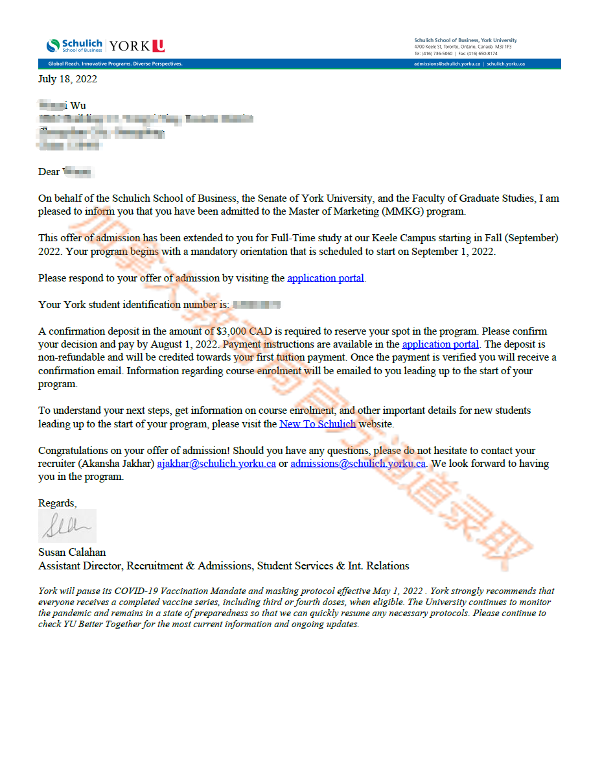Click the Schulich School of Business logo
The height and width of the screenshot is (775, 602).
tap(74, 45)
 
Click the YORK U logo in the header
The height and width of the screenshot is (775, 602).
tap(137, 46)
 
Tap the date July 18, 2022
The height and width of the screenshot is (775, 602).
tap(67, 79)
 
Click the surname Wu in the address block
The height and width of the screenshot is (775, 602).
tap(78, 106)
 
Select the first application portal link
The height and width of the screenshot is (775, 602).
tap(325, 278)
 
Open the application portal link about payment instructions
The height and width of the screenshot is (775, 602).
tap(440, 344)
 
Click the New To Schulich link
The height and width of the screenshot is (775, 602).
tap(318, 424)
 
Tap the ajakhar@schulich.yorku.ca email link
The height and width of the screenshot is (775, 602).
tap(216, 464)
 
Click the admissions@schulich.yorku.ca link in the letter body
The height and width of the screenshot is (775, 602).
tap(358, 464)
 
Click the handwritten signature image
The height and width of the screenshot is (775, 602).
tap(67, 526)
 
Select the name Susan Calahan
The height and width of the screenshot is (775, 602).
tap(72, 553)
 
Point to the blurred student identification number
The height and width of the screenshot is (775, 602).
tap(256, 305)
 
